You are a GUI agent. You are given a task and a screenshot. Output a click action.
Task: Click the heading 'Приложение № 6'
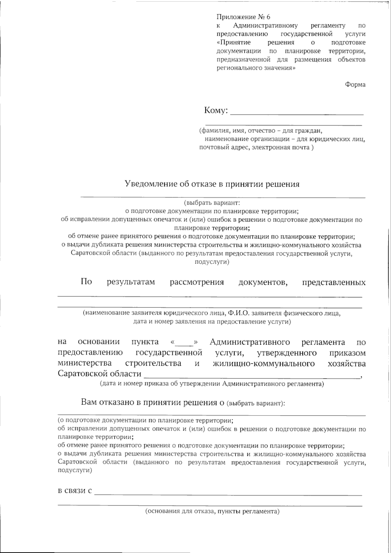click(x=243, y=17)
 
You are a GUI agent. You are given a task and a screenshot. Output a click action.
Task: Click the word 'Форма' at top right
click(x=355, y=85)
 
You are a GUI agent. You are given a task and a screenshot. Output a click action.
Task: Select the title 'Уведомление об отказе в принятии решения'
click(x=212, y=184)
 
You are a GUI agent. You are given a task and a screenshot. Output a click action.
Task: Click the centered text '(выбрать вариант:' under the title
click(x=212, y=203)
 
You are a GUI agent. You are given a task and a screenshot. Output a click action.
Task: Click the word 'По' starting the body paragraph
click(x=86, y=282)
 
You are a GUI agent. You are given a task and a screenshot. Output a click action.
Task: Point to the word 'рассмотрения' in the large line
click(x=197, y=282)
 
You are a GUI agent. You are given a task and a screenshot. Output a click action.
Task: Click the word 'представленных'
click(x=334, y=282)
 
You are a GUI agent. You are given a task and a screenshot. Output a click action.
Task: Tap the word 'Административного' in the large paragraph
click(x=250, y=342)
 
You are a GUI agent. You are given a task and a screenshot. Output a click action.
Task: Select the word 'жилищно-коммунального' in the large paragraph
click(x=264, y=363)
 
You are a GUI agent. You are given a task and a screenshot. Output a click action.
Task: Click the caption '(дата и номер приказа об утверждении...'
click(x=212, y=384)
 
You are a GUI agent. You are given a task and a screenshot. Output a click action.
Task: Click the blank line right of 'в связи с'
click(x=228, y=494)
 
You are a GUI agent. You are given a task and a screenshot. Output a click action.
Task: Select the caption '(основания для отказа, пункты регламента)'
click(x=212, y=511)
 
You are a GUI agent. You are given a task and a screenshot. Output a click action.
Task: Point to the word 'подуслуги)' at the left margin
click(x=75, y=471)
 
